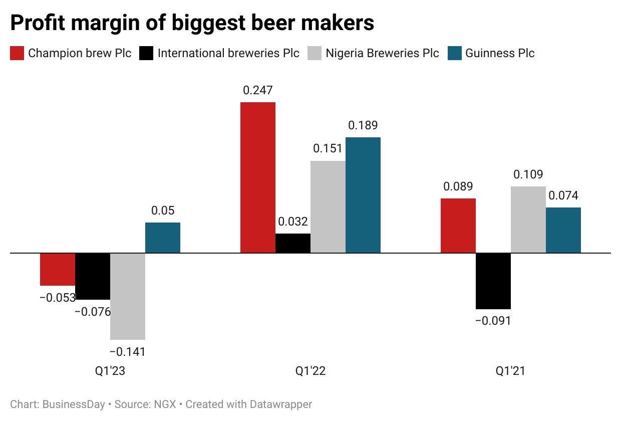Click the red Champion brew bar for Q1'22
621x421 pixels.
tap(258, 177)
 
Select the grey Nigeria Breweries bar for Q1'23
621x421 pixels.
tap(128, 296)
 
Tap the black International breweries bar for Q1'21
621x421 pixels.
tap(493, 281)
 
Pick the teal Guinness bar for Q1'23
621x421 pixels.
tap(163, 238)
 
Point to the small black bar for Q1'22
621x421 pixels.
tap(293, 243)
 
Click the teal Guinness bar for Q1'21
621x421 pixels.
tap(563, 230)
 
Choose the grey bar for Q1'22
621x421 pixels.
tap(328, 206)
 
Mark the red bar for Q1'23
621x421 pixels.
tap(58, 269)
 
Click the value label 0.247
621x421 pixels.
tap(258, 91)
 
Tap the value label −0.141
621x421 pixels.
tap(127, 352)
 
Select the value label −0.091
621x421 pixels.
tap(493, 321)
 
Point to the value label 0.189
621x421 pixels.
tap(363, 125)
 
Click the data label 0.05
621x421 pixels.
tap(163, 211)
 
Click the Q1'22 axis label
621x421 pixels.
tap(310, 371)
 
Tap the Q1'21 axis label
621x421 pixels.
tap(511, 371)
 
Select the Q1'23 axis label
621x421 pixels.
tap(110, 371)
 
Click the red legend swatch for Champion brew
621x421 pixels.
tap(17, 53)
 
